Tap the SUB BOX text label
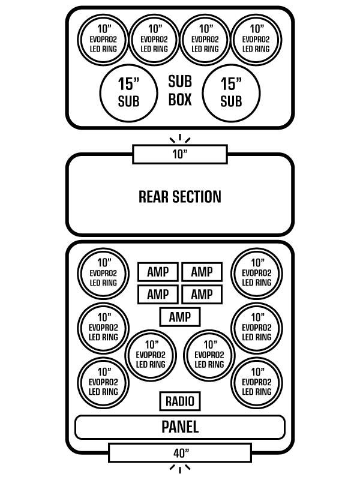(x=180, y=90)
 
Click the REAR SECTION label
(x=180, y=196)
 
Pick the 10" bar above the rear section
(x=180, y=154)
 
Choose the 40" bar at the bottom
(x=180, y=452)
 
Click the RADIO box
(x=180, y=401)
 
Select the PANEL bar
(x=180, y=427)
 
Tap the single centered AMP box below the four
(x=180, y=317)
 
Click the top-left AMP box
(x=158, y=272)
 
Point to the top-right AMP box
(x=202, y=272)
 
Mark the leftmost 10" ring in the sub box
(x=104, y=38)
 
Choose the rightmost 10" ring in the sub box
(x=257, y=38)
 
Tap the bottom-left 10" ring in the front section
(x=104, y=382)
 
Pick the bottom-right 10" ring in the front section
(x=257, y=382)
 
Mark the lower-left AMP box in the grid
(x=158, y=294)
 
